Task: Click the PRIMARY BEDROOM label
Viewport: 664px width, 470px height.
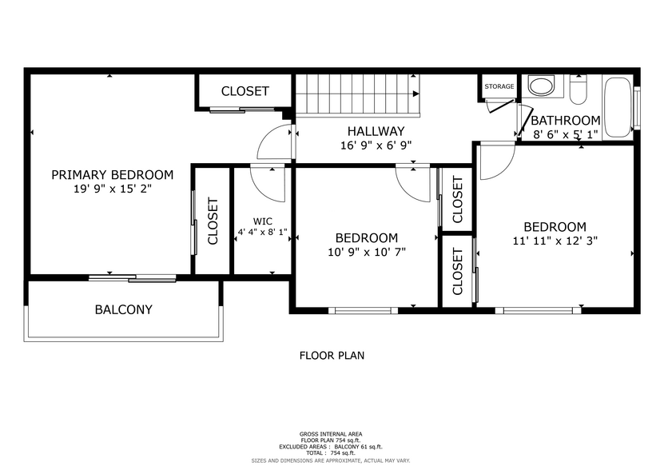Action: pyautogui.click(x=112, y=175)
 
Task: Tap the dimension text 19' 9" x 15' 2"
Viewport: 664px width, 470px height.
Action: pyautogui.click(x=112, y=190)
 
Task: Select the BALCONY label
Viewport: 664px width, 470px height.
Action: pyautogui.click(x=123, y=309)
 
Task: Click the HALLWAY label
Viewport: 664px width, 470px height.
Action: pyautogui.click(x=376, y=131)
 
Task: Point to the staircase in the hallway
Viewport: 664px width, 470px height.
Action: pyautogui.click(x=356, y=94)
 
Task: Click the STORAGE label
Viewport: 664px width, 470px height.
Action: pyautogui.click(x=499, y=86)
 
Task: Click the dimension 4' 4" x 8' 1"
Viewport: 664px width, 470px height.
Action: pyautogui.click(x=262, y=233)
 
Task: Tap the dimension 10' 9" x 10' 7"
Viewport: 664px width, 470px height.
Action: pyautogui.click(x=366, y=252)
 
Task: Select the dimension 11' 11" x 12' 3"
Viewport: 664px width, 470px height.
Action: pyautogui.click(x=555, y=240)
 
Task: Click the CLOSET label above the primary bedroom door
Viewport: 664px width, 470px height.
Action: pyautogui.click(x=245, y=91)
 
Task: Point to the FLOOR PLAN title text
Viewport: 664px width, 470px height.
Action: pyautogui.click(x=332, y=356)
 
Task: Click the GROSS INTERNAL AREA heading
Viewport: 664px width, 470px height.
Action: pyautogui.click(x=332, y=432)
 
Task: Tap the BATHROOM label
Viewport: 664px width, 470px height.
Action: pyautogui.click(x=565, y=121)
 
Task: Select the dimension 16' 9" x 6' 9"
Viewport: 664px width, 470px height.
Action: pyautogui.click(x=376, y=145)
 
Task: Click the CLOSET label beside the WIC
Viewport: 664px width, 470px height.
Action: pyautogui.click(x=213, y=221)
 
